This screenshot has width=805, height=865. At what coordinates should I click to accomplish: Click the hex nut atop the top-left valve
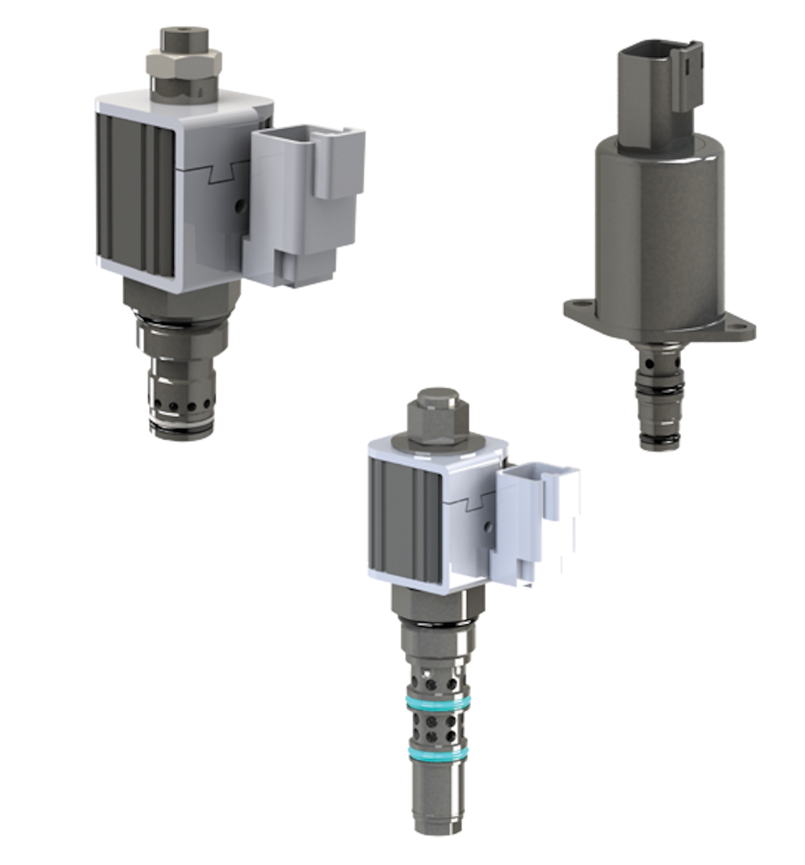[184, 64]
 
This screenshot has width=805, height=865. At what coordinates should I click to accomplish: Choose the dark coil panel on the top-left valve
[134, 195]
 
